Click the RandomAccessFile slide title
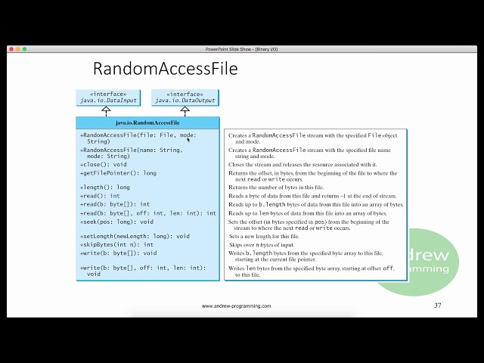click(x=165, y=69)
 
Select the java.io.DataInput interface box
click(x=106, y=98)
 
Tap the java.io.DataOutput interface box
click(x=185, y=98)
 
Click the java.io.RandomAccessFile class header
click(x=147, y=123)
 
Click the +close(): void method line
click(x=104, y=164)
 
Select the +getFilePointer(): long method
click(x=118, y=173)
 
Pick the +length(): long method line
click(x=105, y=187)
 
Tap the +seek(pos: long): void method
click(x=116, y=222)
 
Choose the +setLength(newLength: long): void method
click(x=135, y=236)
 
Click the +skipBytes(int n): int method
click(x=116, y=244)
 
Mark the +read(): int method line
click(x=100, y=196)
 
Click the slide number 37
click(x=438, y=306)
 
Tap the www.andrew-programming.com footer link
click(x=237, y=306)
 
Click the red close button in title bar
click(x=11, y=49)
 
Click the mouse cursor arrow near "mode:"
click(x=188, y=138)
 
